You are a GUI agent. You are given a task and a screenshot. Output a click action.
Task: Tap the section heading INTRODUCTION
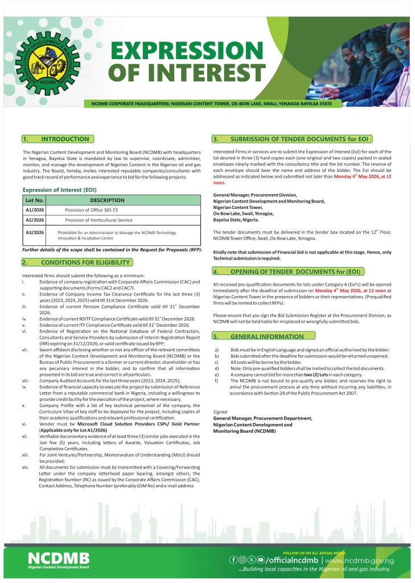tap(65, 139)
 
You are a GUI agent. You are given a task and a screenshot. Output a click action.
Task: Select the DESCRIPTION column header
tap(107, 200)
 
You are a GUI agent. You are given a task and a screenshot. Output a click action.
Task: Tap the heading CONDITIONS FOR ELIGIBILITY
tap(85, 262)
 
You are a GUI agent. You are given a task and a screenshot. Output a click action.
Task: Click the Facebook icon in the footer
tap(233, 560)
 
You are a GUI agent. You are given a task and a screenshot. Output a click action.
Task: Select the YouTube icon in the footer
tap(260, 560)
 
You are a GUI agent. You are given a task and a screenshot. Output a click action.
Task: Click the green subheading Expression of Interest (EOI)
tap(59, 190)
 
